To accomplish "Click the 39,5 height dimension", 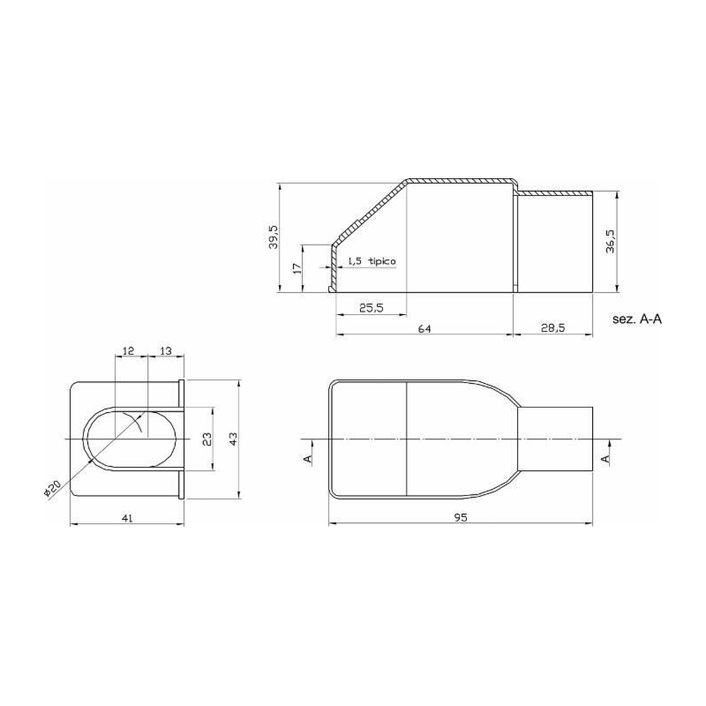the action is (274, 237).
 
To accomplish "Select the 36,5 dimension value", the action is (610, 241).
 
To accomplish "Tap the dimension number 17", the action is (297, 268).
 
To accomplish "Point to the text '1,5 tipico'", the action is (372, 261).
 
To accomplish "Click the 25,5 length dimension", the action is (371, 307).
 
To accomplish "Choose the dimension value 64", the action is (424, 328).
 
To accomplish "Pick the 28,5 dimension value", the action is (553, 327).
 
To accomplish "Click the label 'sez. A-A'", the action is (637, 319).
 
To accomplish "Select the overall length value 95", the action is (461, 518).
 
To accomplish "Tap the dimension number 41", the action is (127, 518).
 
